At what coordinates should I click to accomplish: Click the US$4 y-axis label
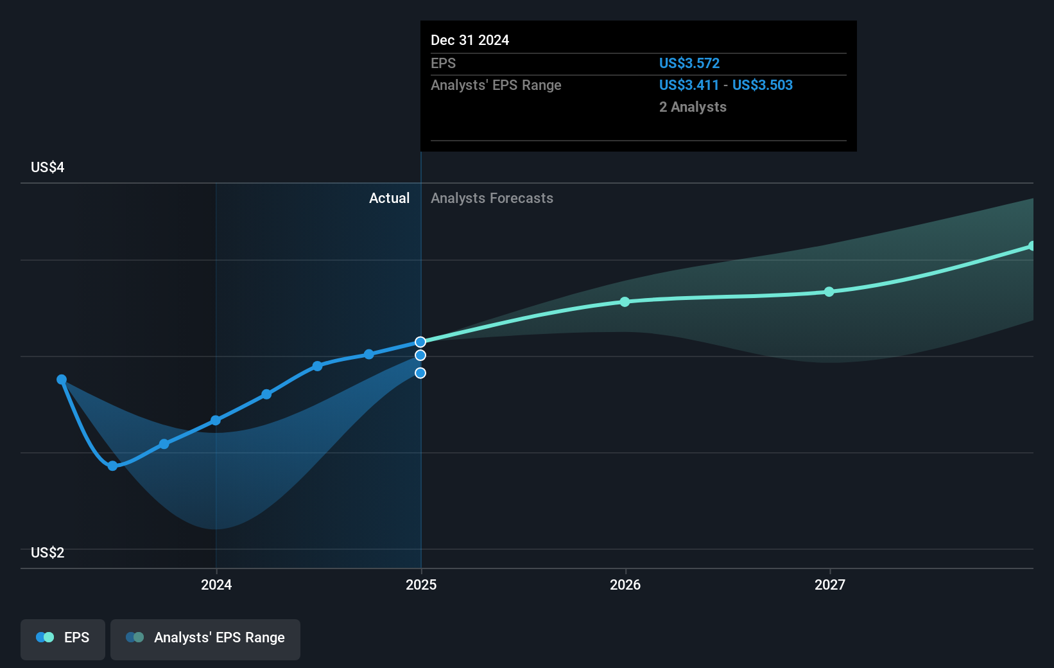click(48, 168)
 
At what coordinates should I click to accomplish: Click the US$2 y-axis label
click(48, 553)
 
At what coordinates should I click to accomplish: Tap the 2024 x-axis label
click(216, 584)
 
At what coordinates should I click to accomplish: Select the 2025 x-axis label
click(421, 584)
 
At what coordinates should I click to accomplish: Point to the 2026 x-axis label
click(625, 584)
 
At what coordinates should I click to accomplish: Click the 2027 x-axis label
click(830, 584)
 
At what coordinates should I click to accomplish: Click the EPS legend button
click(63, 638)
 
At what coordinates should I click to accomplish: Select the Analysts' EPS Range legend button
click(205, 638)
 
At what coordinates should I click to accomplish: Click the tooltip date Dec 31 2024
click(470, 40)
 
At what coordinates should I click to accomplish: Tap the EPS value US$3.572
click(689, 64)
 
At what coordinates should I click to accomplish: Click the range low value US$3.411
click(689, 85)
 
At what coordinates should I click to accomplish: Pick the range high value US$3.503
click(763, 85)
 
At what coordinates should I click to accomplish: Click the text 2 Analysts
click(693, 107)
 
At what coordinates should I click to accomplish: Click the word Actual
click(389, 198)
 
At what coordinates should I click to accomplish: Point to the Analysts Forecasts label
click(492, 198)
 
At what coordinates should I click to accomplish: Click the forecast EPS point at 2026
click(625, 302)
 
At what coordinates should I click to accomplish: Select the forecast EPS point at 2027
click(829, 292)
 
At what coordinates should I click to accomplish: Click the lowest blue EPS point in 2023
click(113, 466)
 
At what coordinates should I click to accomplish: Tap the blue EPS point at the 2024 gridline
click(216, 421)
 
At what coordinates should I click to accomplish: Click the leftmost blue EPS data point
click(62, 380)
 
